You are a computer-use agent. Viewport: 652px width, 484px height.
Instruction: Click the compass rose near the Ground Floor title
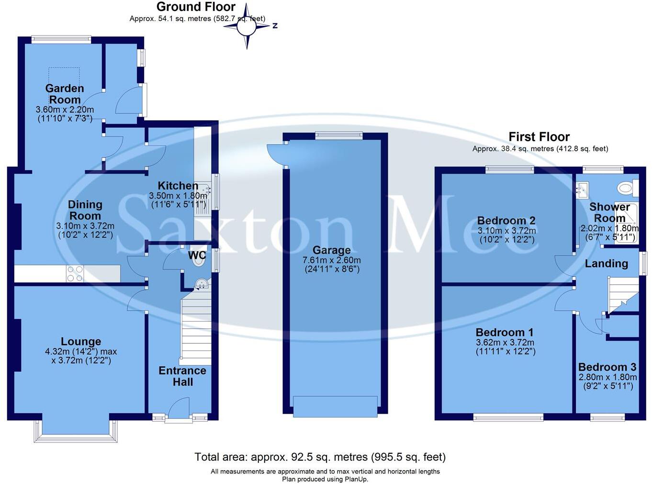click(x=247, y=26)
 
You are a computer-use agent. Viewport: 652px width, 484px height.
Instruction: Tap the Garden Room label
click(x=65, y=94)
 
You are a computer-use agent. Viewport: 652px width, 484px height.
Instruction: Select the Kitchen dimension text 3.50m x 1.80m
click(x=178, y=196)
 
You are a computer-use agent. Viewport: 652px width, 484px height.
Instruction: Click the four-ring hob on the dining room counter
click(x=75, y=273)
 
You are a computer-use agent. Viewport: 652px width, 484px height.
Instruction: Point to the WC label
click(x=197, y=255)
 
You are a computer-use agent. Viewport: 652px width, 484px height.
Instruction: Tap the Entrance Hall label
click(x=182, y=376)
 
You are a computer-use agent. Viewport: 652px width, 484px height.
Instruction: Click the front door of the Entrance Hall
click(x=179, y=411)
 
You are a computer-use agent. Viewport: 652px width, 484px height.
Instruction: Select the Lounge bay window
click(x=76, y=432)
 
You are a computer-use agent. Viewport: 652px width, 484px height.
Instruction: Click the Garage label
click(x=331, y=250)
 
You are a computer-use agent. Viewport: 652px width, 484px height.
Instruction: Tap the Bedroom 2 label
click(x=506, y=221)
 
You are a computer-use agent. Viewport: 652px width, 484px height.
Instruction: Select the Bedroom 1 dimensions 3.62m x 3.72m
click(x=505, y=343)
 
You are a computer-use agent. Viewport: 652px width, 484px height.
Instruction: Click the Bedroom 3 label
click(x=607, y=367)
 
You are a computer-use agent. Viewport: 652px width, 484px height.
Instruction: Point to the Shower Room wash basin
click(x=583, y=191)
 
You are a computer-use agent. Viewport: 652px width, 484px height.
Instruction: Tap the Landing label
click(x=606, y=263)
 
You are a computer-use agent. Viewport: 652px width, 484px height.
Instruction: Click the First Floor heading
click(x=539, y=137)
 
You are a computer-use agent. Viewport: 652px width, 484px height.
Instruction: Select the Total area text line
click(x=320, y=457)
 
